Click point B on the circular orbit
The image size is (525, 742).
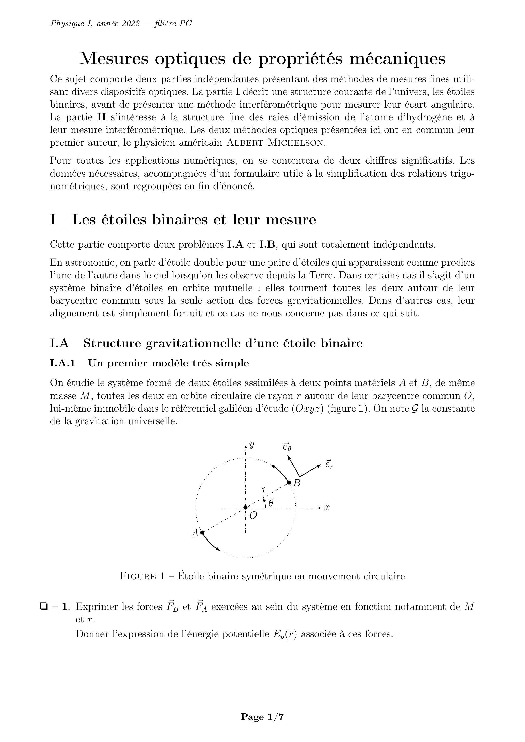click(x=289, y=483)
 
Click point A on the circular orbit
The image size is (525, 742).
click(x=202, y=532)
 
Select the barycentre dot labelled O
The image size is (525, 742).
click(x=246, y=507)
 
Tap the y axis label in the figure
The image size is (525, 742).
click(x=252, y=445)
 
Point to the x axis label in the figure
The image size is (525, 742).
click(x=327, y=508)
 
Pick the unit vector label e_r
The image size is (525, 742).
click(x=329, y=464)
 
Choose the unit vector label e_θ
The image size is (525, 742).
click(x=287, y=447)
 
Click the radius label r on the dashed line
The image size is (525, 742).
click(x=264, y=490)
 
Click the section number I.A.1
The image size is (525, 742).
click(x=63, y=363)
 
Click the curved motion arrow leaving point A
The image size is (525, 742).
click(x=210, y=542)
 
